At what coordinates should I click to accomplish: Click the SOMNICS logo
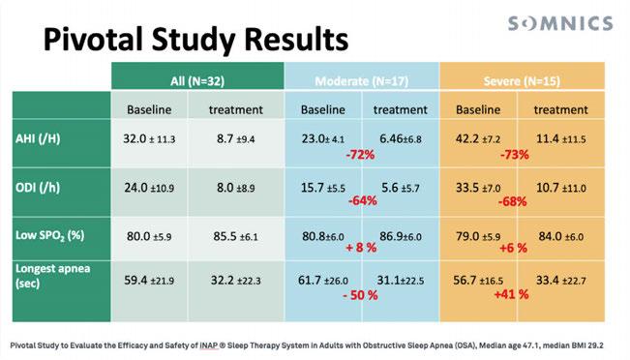point(560,23)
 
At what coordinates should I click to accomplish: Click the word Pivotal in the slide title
point(94,40)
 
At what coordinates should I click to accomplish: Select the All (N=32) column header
point(197,81)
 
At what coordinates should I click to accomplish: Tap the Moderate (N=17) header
point(362,81)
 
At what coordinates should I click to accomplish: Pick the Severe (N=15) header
point(522,81)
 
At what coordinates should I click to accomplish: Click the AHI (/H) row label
point(38,138)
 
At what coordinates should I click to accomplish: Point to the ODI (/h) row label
point(38,187)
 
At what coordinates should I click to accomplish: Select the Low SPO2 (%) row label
point(49,235)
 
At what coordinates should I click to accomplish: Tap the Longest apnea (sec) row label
point(52,276)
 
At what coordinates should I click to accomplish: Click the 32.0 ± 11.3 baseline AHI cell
point(149,139)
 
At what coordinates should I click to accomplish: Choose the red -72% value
point(360,155)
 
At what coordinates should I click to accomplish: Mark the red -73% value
point(514,155)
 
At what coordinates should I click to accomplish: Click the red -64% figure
point(362,200)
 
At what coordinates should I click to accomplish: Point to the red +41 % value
point(511,294)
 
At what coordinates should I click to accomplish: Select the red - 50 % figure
point(360,295)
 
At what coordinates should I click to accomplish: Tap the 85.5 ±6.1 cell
point(235,236)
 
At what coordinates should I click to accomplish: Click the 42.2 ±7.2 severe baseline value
point(478,139)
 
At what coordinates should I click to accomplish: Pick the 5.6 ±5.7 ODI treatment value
point(401,188)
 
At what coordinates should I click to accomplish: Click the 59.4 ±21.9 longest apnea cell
point(149,280)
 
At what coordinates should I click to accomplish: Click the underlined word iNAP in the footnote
point(209,345)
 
